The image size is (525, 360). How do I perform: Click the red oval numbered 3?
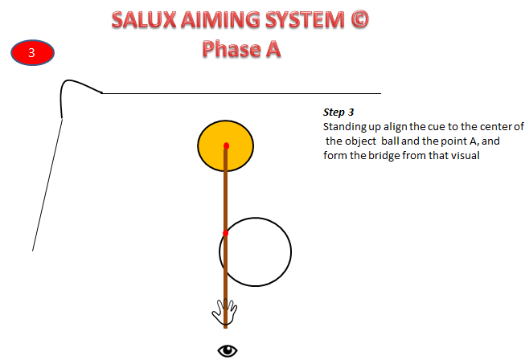pos(32,53)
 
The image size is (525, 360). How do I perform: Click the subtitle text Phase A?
pos(241,50)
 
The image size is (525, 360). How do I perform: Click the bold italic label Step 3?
pos(338,112)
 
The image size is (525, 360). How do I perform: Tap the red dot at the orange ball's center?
pos(226,145)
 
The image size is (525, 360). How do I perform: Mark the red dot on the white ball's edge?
pos(226,233)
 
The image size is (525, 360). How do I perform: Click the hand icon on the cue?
pos(225,312)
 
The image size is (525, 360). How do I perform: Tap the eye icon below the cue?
pos(228,350)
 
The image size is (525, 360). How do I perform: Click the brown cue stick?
pos(226,193)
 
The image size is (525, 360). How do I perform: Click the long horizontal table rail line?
pos(241,93)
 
